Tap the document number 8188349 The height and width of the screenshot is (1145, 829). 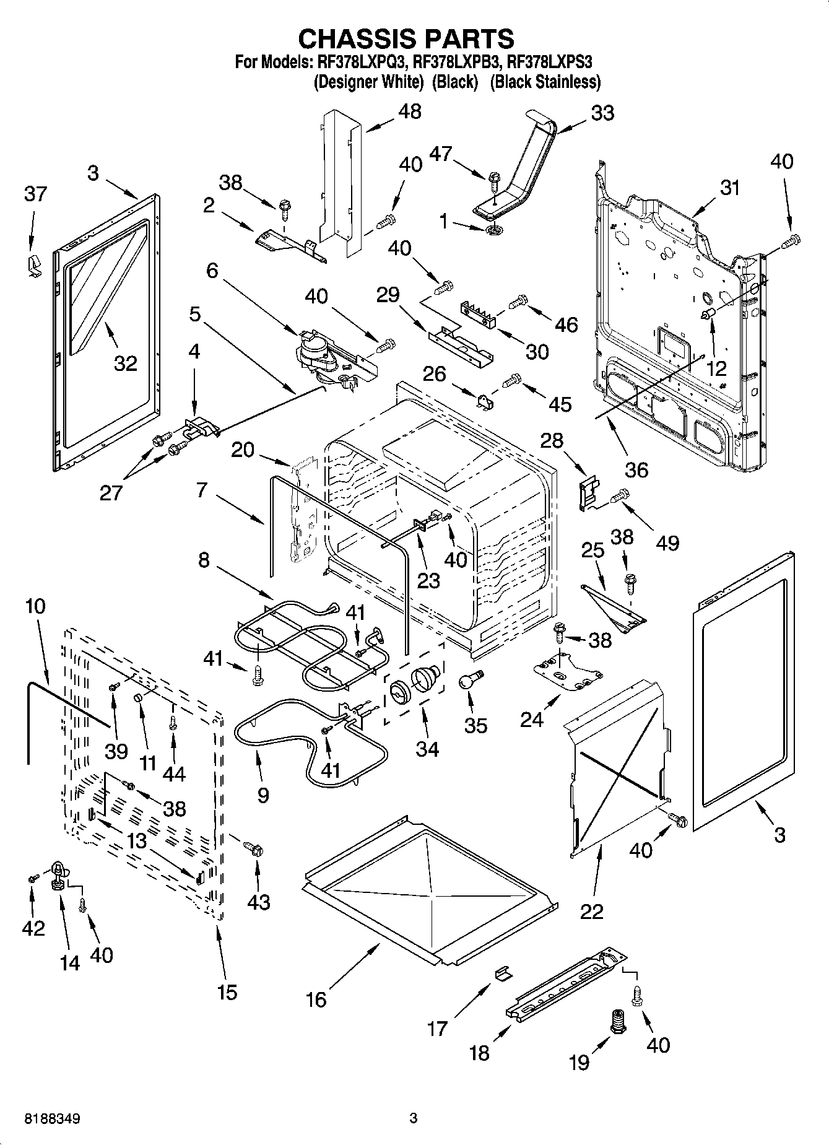point(52,1118)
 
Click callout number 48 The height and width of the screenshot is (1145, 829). point(410,111)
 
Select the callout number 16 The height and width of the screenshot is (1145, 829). point(316,999)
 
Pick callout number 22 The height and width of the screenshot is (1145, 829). point(591,911)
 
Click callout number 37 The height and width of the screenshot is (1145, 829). point(35,194)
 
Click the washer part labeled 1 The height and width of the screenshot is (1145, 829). point(495,231)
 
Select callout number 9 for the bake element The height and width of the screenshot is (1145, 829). point(263,795)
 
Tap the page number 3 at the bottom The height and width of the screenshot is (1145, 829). point(414,1118)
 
